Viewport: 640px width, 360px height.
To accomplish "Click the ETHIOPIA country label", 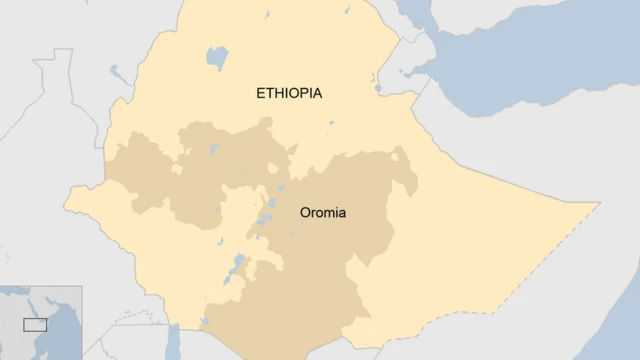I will pos(289,93).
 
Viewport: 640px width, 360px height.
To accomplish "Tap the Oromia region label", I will pos(323,213).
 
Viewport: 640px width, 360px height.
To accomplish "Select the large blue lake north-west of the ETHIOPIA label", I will pos(216,57).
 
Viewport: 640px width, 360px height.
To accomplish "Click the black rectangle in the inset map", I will pos(35,324).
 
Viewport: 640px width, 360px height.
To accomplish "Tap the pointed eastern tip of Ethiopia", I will pos(598,204).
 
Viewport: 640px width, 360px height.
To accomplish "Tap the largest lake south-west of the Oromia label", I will pos(238,267).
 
